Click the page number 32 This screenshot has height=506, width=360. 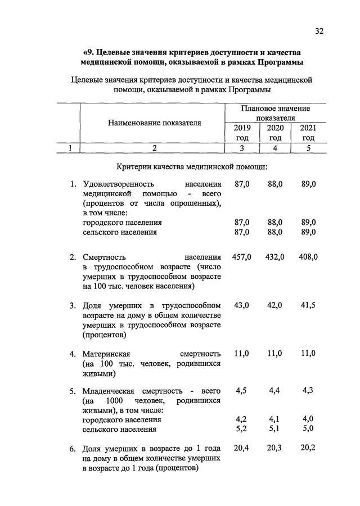point(319,31)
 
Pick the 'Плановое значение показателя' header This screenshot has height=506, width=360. point(275,113)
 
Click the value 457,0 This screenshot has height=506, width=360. point(242,257)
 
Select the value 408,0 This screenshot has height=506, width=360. point(308,257)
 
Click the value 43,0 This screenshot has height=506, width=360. point(242,305)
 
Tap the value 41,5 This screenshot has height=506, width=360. point(308,305)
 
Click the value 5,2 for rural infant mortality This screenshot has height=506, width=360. point(242,430)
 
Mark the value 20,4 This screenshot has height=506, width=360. point(242,448)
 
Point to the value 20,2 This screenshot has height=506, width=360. point(308,448)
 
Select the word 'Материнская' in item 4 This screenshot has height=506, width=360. point(106,354)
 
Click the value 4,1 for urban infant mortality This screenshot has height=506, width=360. point(275,419)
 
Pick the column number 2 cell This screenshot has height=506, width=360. point(152,148)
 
